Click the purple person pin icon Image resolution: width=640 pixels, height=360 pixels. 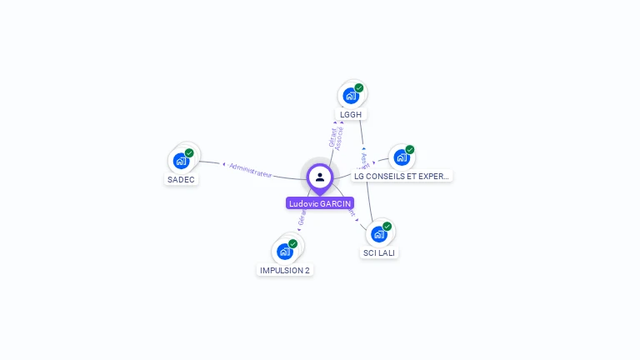320,177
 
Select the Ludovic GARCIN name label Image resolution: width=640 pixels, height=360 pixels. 320,203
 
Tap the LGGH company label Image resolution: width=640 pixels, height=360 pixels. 352,114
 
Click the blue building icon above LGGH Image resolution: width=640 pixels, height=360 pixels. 351,95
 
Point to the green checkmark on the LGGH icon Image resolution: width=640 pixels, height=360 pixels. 359,87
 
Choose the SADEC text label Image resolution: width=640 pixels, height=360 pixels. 181,179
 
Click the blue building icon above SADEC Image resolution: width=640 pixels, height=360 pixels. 181,160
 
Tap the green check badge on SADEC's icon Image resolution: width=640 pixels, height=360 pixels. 189,153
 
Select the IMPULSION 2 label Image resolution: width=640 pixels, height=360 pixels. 285,270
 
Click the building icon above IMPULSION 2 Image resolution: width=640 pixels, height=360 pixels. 285,251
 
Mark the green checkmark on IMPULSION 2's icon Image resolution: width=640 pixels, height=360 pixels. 293,243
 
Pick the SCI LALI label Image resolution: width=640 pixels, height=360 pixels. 379,252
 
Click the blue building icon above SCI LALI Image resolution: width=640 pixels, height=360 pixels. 379,233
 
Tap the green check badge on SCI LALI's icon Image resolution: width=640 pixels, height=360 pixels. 387,226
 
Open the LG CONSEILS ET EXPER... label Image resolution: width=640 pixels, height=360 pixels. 402,176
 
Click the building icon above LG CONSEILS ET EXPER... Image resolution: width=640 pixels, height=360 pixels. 402,157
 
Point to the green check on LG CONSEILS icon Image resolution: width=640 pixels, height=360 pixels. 410,150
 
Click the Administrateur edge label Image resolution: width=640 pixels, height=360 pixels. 251,170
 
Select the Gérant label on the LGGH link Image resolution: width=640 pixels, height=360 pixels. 332,137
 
